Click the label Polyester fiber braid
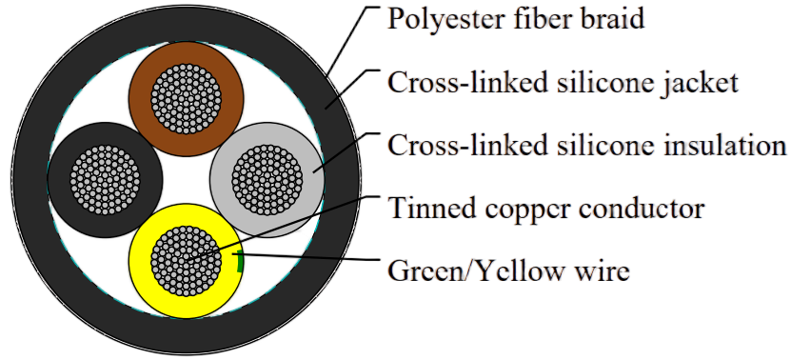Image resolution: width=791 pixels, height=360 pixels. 516,19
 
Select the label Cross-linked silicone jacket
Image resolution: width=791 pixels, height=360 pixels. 563,82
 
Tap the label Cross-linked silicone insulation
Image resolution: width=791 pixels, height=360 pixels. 586,146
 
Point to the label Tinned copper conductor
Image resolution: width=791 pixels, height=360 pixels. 546,208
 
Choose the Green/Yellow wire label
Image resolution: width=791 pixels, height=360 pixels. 508,270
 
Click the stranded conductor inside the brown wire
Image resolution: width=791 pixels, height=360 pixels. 187,99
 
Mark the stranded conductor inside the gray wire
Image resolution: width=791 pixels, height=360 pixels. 267,180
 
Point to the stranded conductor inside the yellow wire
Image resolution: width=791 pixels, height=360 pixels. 187,261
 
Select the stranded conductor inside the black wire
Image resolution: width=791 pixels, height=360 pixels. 105,180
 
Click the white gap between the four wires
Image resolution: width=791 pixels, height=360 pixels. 187,180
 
